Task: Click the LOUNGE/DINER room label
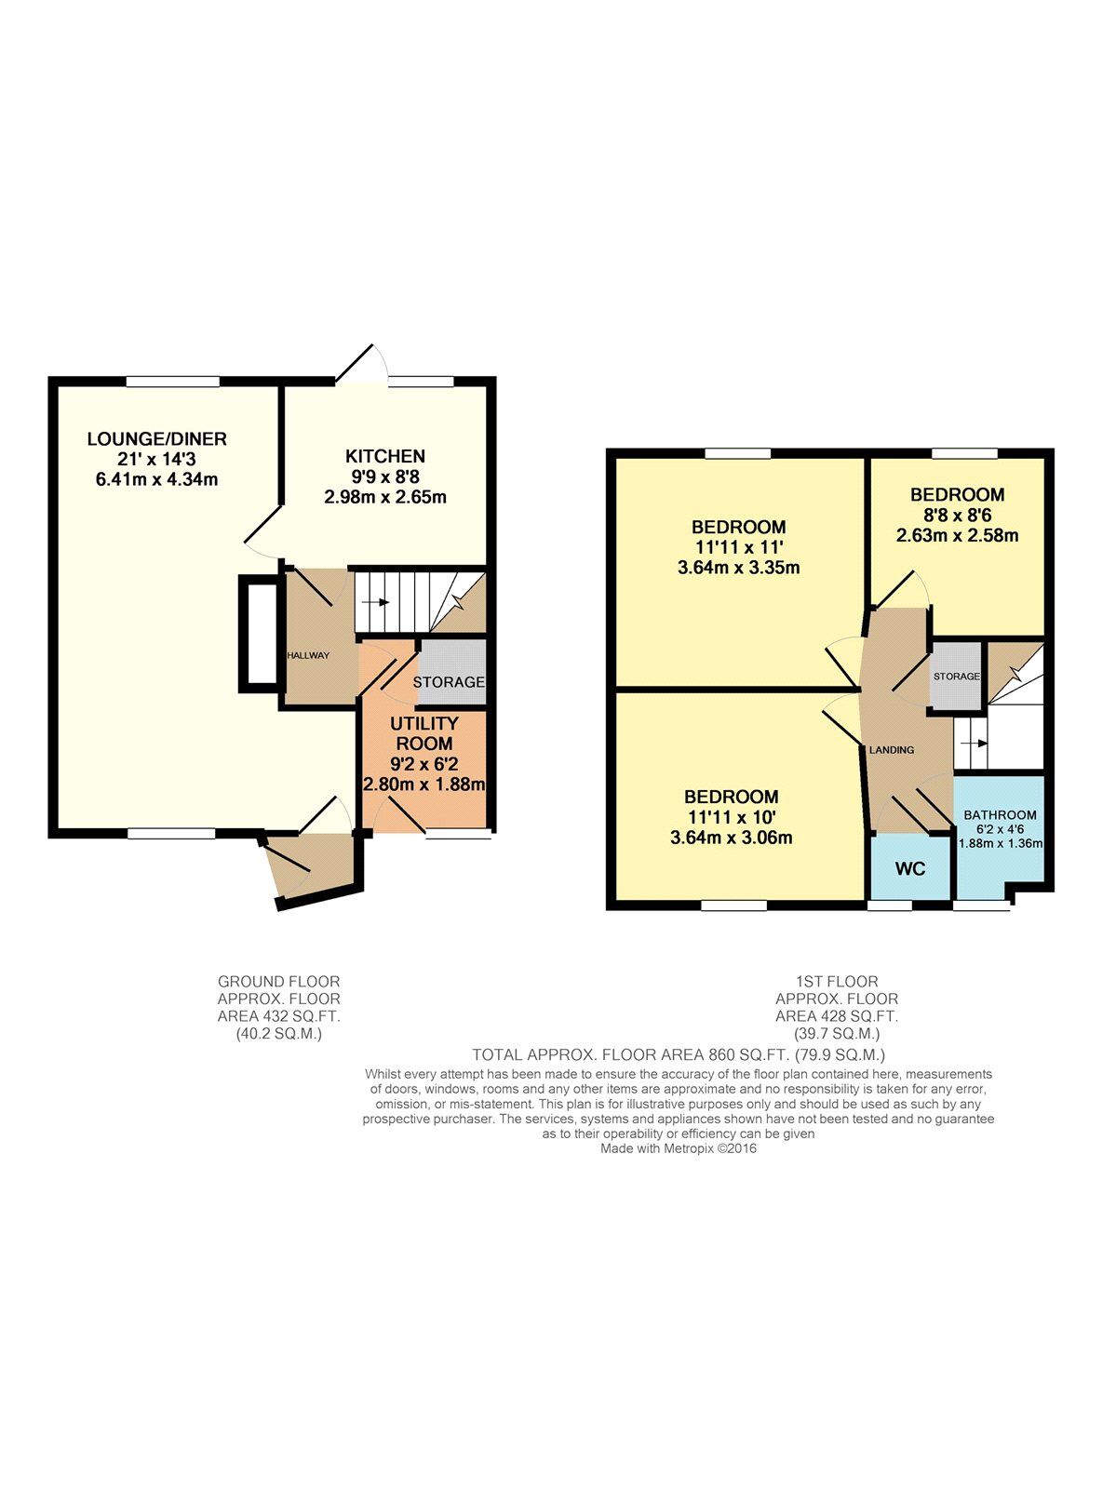pos(156,439)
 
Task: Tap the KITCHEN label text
pos(385,456)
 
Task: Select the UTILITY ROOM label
pos(424,733)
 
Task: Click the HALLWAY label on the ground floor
pos(308,655)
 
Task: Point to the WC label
pos(909,869)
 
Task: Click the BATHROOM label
pos(1000,815)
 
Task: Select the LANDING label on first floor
pos(892,750)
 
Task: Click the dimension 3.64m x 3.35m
pos(739,568)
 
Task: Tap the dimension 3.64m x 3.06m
pos(732,838)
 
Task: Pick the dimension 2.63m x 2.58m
pos(957,535)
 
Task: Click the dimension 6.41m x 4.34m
pos(156,480)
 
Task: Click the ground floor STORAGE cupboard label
pos(449,682)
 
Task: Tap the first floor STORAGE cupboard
pos(957,676)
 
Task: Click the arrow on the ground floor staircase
pos(376,602)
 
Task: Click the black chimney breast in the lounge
pos(259,633)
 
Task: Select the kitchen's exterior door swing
pos(361,363)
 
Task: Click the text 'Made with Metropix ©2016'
pos(679,1148)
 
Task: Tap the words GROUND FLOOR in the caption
pos(278,981)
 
